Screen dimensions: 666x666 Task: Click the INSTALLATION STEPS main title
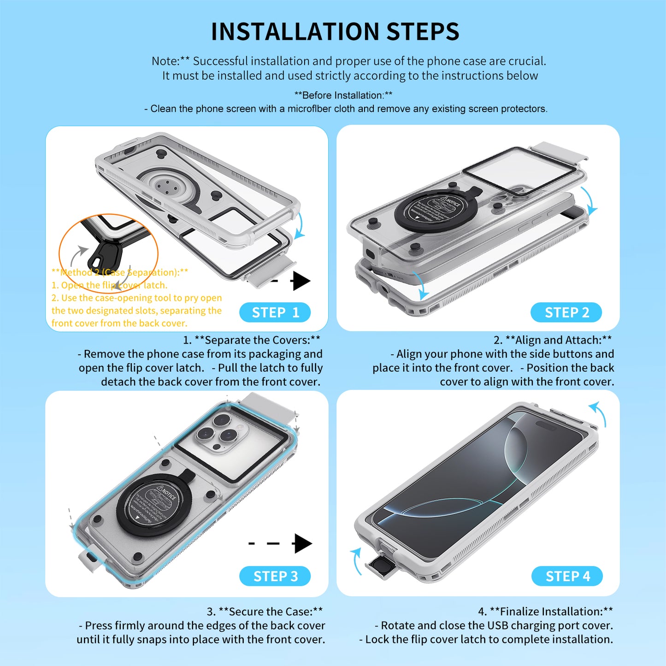(x=335, y=32)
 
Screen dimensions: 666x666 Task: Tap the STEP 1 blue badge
(x=275, y=312)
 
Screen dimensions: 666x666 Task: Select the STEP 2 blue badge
(x=566, y=312)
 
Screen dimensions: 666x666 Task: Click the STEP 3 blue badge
(x=275, y=576)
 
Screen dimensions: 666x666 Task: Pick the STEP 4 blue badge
(x=567, y=576)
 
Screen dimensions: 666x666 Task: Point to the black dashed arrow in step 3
(x=281, y=543)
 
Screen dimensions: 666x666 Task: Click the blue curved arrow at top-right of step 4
(x=599, y=413)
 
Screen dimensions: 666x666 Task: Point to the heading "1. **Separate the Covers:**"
(x=252, y=340)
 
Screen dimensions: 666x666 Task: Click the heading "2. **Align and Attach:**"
(x=553, y=340)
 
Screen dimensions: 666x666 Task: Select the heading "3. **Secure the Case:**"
(x=265, y=612)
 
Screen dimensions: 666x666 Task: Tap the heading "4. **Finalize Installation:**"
(x=545, y=612)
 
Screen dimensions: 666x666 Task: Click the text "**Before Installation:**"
(x=343, y=95)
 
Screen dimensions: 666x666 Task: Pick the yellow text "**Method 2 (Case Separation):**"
(x=120, y=272)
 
